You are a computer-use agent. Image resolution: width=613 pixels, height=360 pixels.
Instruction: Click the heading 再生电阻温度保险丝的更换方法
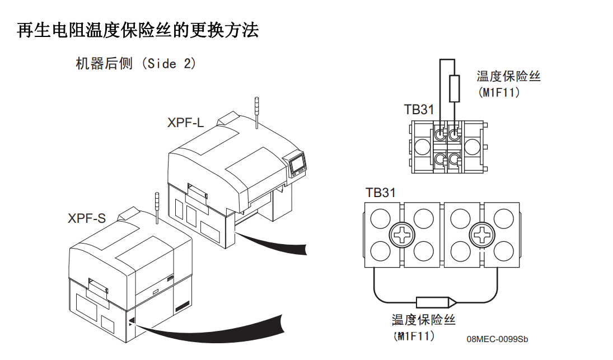point(138,30)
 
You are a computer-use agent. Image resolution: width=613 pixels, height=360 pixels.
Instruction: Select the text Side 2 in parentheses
point(171,64)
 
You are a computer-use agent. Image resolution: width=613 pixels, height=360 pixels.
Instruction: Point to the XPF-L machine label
point(185,123)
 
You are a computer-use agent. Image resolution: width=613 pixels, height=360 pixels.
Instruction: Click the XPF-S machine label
point(87,218)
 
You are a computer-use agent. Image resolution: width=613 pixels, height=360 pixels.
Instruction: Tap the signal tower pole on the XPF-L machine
point(255,111)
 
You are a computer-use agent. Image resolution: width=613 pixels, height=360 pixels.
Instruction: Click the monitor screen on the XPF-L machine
point(298,165)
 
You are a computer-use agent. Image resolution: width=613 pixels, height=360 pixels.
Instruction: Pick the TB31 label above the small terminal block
point(419,110)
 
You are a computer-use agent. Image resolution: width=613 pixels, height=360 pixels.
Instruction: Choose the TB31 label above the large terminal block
point(381,193)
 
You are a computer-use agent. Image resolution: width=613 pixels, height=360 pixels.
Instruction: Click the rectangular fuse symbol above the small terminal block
point(455,88)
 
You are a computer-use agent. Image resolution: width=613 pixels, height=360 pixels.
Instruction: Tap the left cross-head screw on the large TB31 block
point(401,235)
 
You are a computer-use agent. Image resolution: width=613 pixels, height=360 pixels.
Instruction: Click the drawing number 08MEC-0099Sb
point(497,339)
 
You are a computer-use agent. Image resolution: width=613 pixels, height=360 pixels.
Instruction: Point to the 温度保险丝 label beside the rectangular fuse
point(508,77)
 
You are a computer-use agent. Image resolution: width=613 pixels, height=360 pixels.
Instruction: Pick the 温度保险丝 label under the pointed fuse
point(424,320)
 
